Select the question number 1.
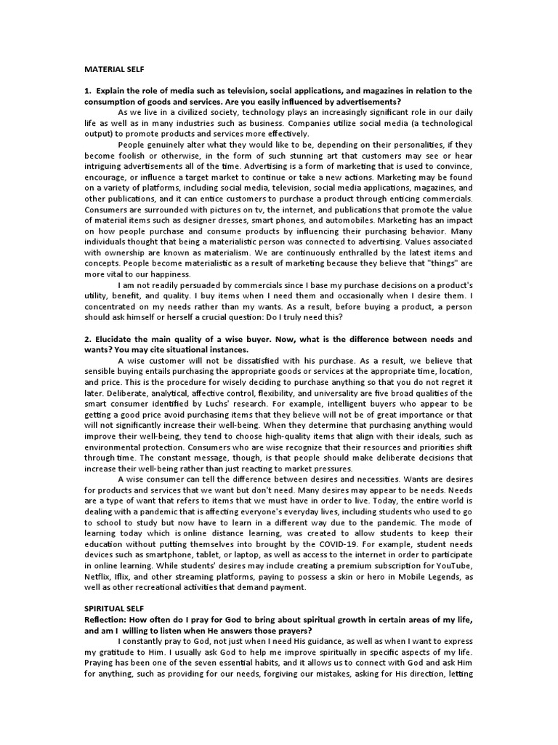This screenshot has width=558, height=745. pyautogui.click(x=86, y=91)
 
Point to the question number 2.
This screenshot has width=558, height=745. pyautogui.click(x=86, y=340)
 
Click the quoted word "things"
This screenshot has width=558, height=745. pyautogui.click(x=445, y=263)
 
